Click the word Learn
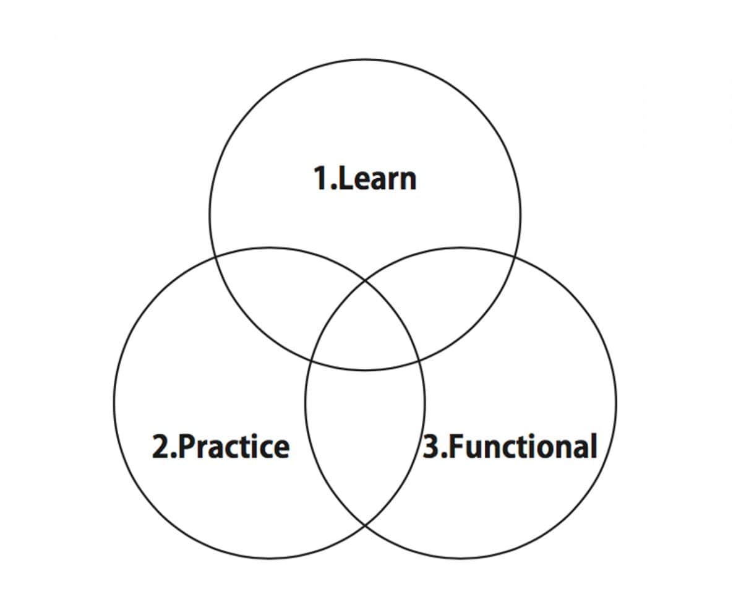377,179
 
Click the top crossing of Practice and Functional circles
365,280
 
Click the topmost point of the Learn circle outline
365,60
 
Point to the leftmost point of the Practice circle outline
114,402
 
